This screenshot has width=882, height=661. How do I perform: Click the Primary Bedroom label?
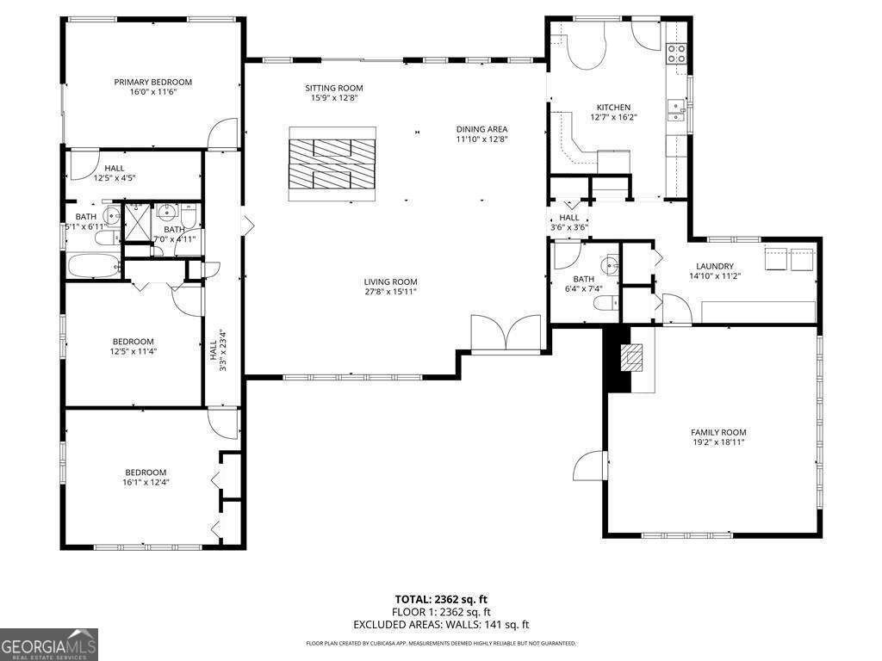[x=152, y=83]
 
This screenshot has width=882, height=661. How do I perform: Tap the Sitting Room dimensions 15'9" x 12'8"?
[x=334, y=98]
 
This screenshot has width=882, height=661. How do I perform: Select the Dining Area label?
[x=481, y=129]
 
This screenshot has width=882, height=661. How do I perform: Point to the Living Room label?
[x=390, y=281]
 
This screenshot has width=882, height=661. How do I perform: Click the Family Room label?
[x=718, y=432]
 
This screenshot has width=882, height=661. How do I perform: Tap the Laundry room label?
[x=715, y=267]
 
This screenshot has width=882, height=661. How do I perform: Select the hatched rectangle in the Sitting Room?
[x=332, y=163]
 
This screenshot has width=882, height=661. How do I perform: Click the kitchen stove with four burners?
[x=677, y=53]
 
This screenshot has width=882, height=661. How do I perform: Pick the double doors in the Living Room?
[x=506, y=334]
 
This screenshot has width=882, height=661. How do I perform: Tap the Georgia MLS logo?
[x=49, y=645]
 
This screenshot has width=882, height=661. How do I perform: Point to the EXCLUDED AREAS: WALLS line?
[x=441, y=625]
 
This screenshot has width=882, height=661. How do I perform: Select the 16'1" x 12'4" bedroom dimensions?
[x=146, y=482]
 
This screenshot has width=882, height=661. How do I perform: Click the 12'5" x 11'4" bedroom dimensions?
[x=133, y=351]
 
